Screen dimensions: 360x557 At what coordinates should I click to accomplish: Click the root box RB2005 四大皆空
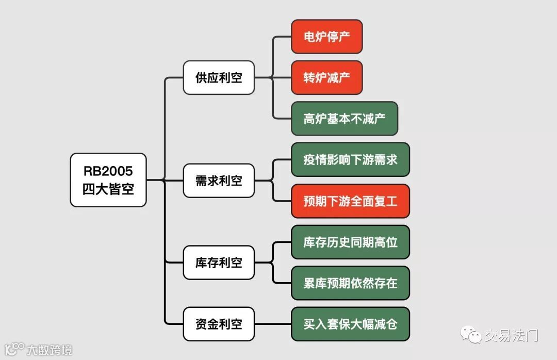(108, 180)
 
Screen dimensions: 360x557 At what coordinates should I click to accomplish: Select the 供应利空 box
(219, 78)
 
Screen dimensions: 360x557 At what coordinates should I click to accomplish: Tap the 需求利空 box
(219, 181)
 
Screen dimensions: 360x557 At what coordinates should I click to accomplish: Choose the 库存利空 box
(219, 263)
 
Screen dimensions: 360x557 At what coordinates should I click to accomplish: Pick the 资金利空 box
(219, 324)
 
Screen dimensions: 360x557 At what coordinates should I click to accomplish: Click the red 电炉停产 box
(326, 37)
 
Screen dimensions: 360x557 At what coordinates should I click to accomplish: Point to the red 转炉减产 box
(326, 78)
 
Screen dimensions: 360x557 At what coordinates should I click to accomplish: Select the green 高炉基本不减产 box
(344, 119)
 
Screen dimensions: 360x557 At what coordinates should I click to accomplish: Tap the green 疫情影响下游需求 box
(350, 160)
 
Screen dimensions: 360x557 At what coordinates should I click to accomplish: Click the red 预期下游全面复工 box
(350, 201)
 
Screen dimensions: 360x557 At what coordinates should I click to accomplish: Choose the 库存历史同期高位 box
(350, 242)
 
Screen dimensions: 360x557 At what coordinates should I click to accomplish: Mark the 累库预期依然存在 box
(350, 283)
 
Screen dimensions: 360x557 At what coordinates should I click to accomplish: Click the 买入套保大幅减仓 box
(350, 324)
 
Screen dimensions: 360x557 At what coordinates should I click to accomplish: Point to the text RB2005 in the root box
(108, 171)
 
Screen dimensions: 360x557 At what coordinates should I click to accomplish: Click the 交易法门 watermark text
(511, 336)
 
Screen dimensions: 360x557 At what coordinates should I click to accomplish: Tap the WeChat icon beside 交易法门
(472, 335)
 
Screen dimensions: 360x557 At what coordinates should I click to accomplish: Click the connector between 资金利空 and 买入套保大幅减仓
(273, 324)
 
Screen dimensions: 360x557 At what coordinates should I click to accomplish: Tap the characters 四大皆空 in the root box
(108, 189)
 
